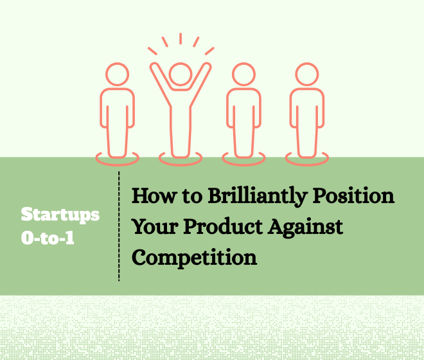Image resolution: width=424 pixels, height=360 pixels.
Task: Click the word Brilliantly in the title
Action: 258,196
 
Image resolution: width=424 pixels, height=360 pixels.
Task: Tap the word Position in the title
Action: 353,195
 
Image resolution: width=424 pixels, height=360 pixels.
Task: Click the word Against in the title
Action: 306,227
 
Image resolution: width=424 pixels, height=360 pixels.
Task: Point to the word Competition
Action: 194,258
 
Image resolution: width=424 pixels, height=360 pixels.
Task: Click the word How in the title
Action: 154,195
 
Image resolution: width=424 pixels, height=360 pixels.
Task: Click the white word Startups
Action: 60,215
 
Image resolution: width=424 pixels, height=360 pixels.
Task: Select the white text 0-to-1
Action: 48,238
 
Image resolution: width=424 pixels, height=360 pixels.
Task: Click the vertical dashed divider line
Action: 119,226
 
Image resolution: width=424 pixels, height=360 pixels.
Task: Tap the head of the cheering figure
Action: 181,74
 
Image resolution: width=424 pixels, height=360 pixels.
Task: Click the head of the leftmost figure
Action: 117,74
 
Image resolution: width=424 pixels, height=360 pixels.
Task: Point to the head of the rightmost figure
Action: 307,74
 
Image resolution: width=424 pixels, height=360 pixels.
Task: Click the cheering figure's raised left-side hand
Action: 154,66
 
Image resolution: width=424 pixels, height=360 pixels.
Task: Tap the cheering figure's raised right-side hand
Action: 207,66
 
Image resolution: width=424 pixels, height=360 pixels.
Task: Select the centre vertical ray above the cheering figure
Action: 181,39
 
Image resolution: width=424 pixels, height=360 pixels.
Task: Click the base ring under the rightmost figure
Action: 307,163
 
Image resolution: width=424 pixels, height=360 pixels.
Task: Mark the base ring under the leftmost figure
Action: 117,163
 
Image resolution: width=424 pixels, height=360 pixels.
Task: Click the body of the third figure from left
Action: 243,122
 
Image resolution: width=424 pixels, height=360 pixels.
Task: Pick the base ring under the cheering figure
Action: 181,163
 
